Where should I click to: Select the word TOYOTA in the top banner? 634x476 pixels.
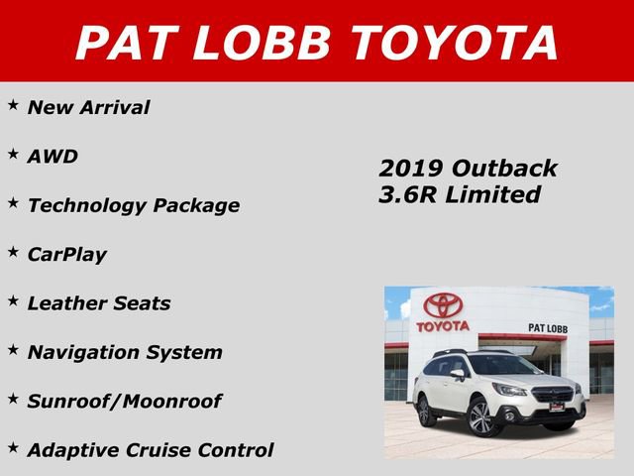pos(452,42)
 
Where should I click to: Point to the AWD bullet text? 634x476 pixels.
pos(53,157)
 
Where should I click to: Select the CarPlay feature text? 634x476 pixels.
pos(66,254)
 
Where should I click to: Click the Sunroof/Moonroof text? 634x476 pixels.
pos(124,401)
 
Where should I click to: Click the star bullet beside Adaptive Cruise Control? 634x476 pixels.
pos(14,447)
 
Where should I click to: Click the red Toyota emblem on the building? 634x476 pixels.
pos(443,304)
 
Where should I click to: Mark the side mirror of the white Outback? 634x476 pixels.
pos(459,376)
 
